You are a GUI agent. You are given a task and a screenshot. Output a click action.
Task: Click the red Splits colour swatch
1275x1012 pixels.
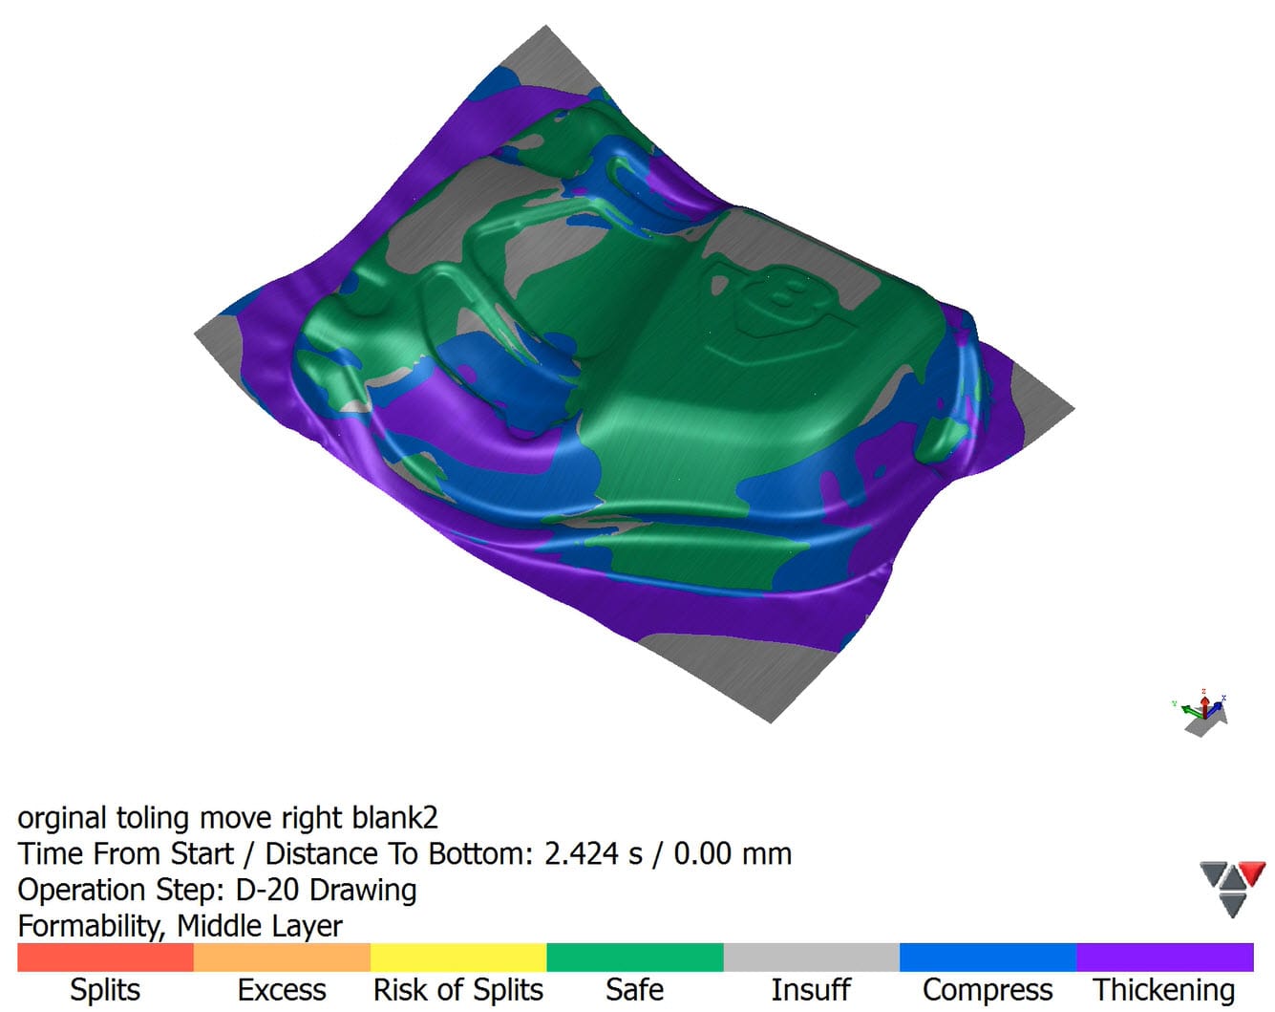tap(105, 957)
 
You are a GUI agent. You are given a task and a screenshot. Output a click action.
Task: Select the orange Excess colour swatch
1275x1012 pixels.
tap(282, 957)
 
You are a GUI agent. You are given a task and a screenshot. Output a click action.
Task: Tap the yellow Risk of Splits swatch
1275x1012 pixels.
tap(458, 957)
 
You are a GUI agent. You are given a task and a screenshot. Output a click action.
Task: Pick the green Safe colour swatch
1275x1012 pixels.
tap(635, 957)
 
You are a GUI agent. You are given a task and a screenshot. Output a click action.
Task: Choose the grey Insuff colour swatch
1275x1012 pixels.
tap(812, 957)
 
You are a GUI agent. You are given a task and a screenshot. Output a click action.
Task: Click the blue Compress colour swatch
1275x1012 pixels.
tap(988, 957)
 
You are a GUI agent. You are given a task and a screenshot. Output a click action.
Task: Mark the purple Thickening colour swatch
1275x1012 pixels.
tap(1165, 957)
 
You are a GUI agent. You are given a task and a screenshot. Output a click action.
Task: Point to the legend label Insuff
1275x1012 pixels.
tap(811, 989)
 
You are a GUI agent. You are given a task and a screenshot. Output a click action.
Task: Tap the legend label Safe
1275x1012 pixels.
tap(634, 989)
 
